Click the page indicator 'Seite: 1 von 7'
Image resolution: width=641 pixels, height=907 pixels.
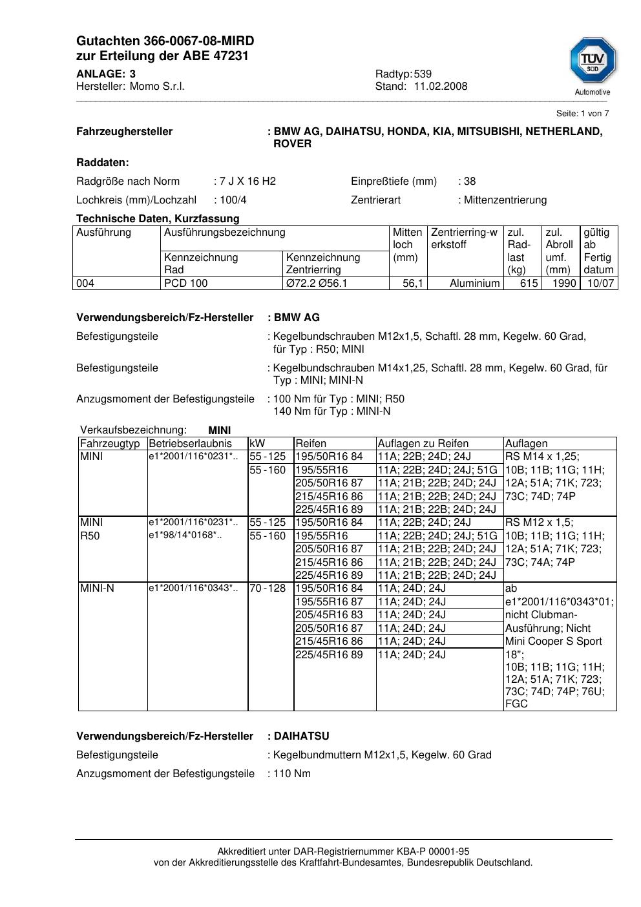click(582, 114)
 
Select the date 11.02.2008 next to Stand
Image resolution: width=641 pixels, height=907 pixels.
click(441, 87)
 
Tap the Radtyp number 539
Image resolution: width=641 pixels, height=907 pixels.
click(423, 74)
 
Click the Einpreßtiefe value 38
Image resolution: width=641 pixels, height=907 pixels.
click(470, 182)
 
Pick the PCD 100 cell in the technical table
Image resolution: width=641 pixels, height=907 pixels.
click(186, 284)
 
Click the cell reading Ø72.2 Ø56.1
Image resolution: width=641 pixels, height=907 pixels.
click(317, 284)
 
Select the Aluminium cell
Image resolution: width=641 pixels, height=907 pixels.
click(474, 284)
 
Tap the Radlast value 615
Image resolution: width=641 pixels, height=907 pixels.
click(529, 284)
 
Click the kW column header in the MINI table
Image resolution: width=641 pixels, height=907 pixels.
click(257, 444)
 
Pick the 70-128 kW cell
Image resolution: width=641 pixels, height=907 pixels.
click(268, 589)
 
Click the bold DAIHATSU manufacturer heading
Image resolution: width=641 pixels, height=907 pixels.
click(301, 736)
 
